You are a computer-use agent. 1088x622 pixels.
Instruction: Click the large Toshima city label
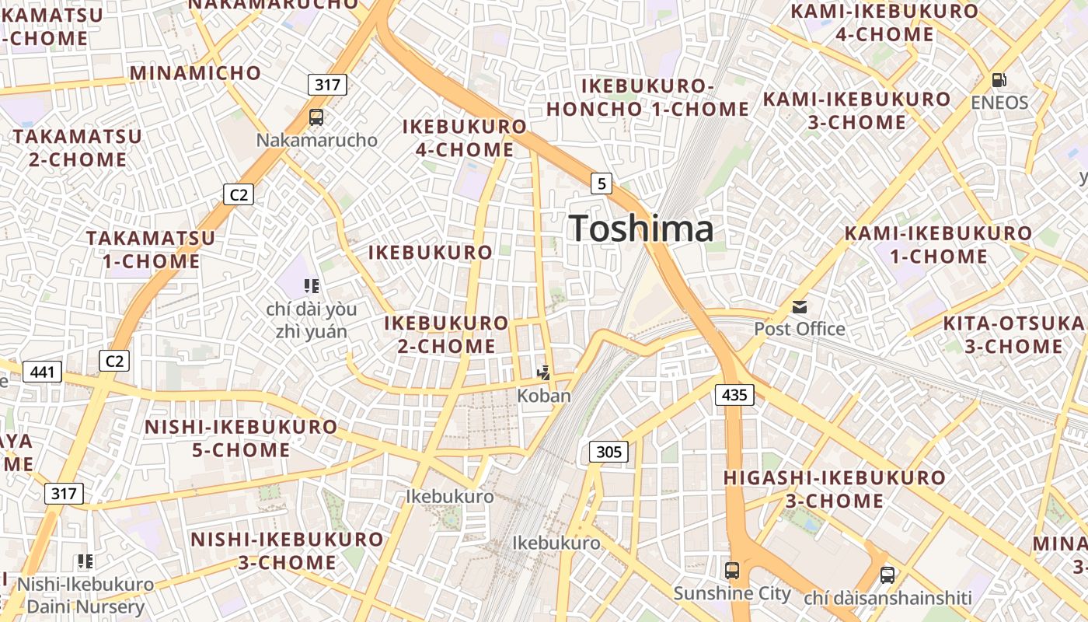pyautogui.click(x=641, y=229)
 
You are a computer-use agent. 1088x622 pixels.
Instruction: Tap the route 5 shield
pyautogui.click(x=601, y=183)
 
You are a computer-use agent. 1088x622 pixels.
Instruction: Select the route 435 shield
pyautogui.click(x=734, y=395)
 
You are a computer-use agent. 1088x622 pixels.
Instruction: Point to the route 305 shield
pyautogui.click(x=609, y=451)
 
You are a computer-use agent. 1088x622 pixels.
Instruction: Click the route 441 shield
pyautogui.click(x=42, y=372)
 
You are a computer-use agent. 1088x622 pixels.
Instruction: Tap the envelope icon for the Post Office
pyautogui.click(x=800, y=307)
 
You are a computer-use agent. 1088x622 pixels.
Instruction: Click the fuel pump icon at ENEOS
pyautogui.click(x=999, y=79)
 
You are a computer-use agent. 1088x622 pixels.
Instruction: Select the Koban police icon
pyautogui.click(x=544, y=373)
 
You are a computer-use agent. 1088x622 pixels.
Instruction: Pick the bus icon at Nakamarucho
pyautogui.click(x=316, y=117)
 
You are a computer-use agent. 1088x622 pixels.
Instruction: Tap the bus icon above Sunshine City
pyautogui.click(x=732, y=571)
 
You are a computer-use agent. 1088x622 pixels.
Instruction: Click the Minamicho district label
pyautogui.click(x=196, y=73)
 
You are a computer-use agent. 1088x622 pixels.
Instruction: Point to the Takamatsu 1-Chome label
pyautogui.click(x=151, y=249)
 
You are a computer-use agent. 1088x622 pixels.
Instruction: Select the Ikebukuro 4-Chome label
pyautogui.click(x=465, y=138)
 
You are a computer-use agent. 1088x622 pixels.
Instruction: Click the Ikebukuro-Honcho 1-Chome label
pyautogui.click(x=647, y=97)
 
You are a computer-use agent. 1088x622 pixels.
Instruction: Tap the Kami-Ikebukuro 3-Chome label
pyautogui.click(x=857, y=110)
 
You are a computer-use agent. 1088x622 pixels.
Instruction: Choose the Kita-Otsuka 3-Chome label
pyautogui.click(x=1013, y=334)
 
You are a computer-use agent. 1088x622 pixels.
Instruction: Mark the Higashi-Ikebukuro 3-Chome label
pyautogui.click(x=835, y=488)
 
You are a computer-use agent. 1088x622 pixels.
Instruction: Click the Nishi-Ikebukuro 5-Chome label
pyautogui.click(x=241, y=438)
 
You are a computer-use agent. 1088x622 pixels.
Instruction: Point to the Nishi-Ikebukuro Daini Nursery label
pyautogui.click(x=85, y=595)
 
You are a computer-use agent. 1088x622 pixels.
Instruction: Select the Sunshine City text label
pyautogui.click(x=732, y=594)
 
